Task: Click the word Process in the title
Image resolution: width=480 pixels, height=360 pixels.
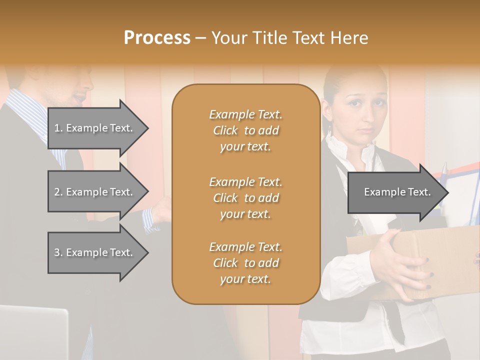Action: (157, 38)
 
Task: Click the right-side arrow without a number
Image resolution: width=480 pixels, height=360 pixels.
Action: (397, 192)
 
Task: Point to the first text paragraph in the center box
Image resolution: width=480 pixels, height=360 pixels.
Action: (245, 130)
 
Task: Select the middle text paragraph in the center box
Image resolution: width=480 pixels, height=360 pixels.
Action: (245, 198)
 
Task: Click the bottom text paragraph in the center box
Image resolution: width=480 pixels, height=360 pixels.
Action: (245, 263)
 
